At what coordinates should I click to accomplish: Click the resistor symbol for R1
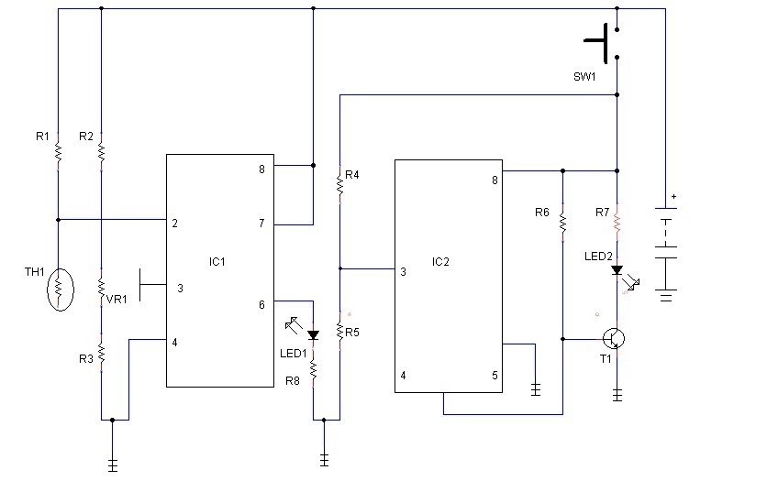point(58,152)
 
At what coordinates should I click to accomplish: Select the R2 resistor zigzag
point(101,152)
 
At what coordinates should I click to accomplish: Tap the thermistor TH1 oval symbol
point(61,290)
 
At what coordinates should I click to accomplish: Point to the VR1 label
point(117,300)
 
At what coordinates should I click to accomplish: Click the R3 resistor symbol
point(101,353)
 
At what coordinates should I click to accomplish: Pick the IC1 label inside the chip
point(217,262)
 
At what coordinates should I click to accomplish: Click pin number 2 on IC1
point(174,224)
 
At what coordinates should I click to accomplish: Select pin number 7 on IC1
point(261,224)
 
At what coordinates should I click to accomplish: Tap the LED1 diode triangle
point(313,335)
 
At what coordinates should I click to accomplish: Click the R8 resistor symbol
point(313,371)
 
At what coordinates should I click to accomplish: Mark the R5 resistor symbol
point(340,331)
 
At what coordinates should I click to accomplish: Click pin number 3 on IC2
point(403,272)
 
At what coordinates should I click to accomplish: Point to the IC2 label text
point(440,262)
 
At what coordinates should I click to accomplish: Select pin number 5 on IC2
point(495,376)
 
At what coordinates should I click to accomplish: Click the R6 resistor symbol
point(563,222)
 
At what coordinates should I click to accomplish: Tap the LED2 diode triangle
point(617,270)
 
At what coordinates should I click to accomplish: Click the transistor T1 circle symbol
point(614,338)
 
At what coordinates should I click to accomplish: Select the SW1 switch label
point(584,77)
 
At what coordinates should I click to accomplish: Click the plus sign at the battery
point(673,196)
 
